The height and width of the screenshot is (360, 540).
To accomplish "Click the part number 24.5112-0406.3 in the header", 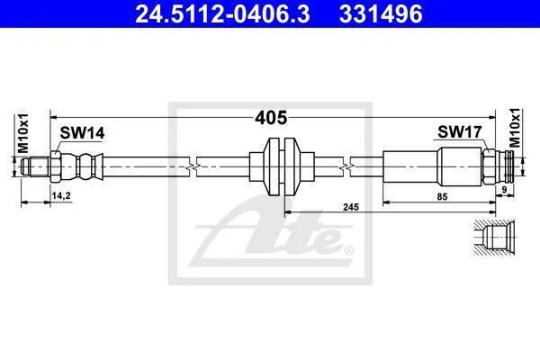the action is coord(222,13).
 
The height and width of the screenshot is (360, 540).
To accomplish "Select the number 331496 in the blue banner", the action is coord(381,13).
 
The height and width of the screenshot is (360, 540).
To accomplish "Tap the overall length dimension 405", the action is coord(271,118).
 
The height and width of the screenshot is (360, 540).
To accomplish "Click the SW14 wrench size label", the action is coord(82,133).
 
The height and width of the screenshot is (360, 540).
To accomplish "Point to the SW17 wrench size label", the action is coord(460,131).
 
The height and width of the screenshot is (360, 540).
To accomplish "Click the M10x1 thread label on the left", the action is coord(23,133).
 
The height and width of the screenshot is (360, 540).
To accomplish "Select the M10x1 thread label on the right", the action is coord(515,128).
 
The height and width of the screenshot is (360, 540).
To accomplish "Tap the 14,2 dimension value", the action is coord(61,195).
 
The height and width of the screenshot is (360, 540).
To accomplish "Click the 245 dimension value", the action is coord(351,207).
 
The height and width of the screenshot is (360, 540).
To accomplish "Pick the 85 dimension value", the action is coord(442,197).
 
